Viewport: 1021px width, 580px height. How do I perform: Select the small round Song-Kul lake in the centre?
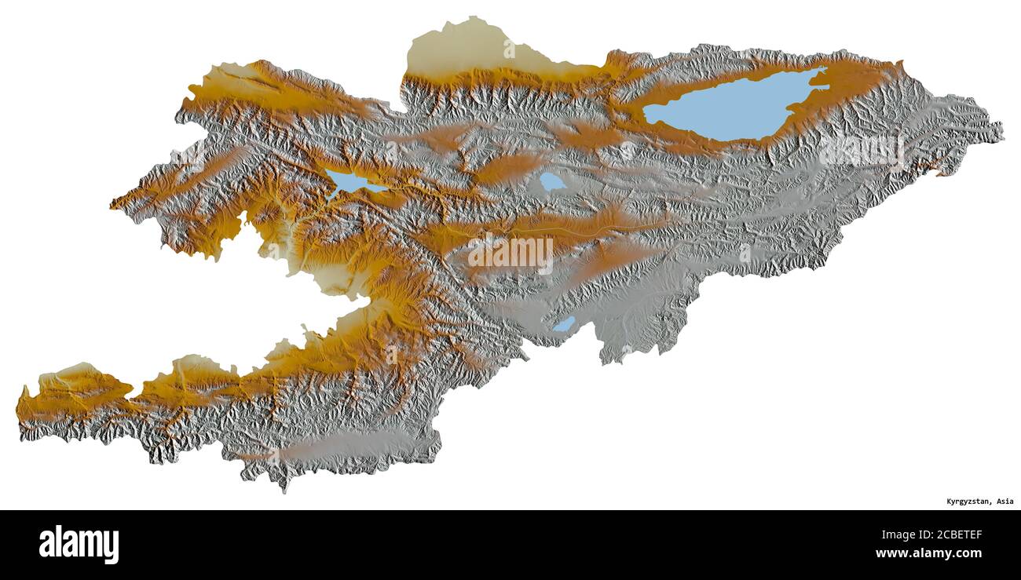click(552, 181)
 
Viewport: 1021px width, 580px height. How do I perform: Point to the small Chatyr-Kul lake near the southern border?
click(563, 324)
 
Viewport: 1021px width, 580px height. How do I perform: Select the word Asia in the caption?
click(1005, 502)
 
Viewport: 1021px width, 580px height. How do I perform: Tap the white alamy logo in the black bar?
click(79, 545)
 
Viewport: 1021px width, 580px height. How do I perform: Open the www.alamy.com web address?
click(928, 553)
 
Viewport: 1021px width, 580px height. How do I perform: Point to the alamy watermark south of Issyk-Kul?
click(862, 149)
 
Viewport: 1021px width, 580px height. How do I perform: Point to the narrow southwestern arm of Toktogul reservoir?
click(333, 194)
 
